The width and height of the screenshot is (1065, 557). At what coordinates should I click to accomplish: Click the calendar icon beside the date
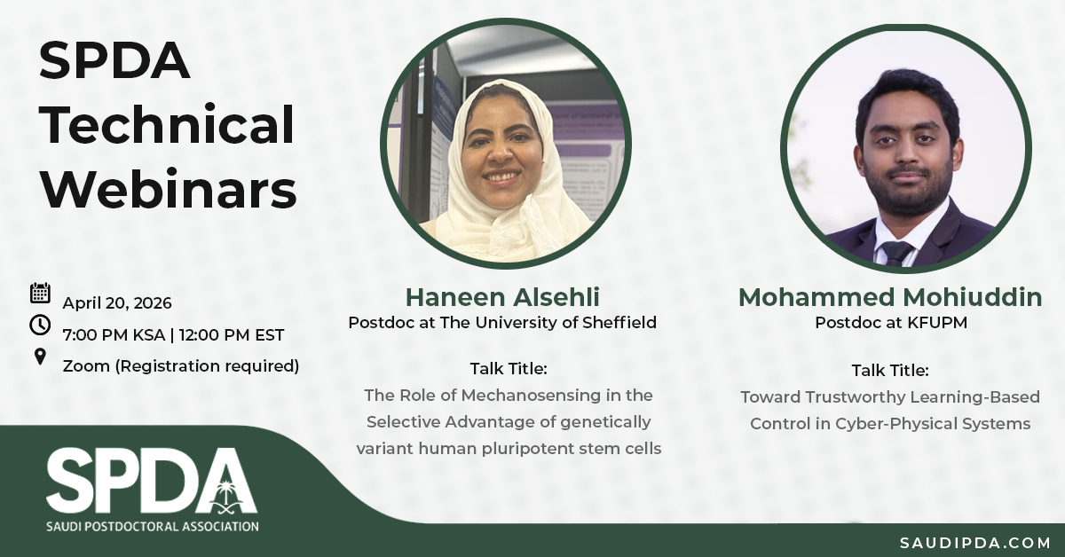point(41,293)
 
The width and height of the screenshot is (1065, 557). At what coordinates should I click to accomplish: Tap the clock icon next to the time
point(40,326)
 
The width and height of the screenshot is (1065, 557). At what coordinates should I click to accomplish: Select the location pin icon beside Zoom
point(41,357)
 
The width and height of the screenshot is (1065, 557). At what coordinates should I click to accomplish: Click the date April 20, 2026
point(117,303)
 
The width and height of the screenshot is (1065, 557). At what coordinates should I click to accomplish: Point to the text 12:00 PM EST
point(232,335)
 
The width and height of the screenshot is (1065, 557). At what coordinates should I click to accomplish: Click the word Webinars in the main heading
point(169,189)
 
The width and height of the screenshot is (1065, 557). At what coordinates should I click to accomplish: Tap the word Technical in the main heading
point(167,124)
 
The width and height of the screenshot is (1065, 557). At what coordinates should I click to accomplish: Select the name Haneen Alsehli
point(502,297)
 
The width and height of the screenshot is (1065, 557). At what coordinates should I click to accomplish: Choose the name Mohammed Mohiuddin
point(890,297)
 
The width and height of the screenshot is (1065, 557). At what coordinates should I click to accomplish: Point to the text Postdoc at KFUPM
point(891,323)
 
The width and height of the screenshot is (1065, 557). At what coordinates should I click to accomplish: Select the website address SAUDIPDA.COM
point(975,543)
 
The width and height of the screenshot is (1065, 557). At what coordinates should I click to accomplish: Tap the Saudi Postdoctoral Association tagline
point(153,527)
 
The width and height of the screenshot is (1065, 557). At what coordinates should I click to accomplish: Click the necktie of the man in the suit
point(896,254)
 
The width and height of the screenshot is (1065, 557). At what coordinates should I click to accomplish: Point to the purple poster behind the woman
point(584,151)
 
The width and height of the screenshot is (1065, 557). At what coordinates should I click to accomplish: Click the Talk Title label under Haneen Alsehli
point(509,368)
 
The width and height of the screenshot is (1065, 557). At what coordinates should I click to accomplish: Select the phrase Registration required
point(208,366)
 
